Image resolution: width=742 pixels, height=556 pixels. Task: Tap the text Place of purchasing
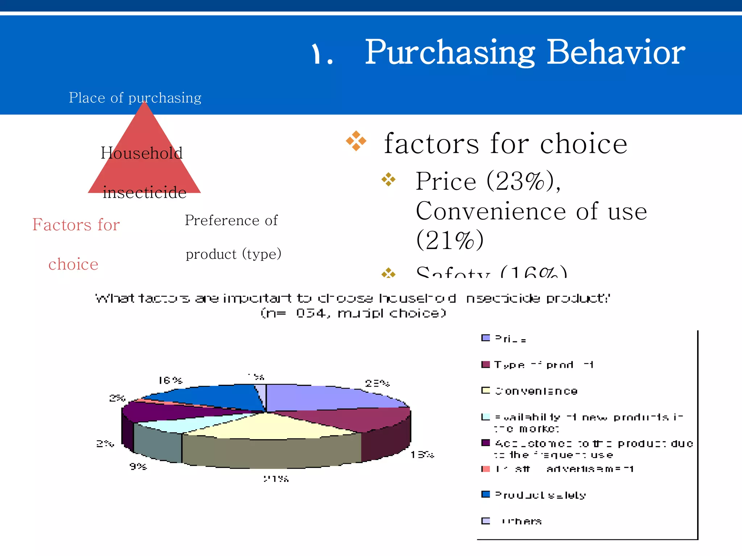[x=135, y=98]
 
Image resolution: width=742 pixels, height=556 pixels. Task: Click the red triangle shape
[x=144, y=170]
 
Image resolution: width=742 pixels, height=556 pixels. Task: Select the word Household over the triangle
[x=141, y=153]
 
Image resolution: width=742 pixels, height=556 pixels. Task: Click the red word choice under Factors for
[x=73, y=264]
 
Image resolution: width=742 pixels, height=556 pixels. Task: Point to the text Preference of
[x=231, y=220]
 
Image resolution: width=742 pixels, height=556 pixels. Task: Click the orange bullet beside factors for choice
[x=356, y=141]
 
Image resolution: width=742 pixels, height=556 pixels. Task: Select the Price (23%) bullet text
[x=487, y=181]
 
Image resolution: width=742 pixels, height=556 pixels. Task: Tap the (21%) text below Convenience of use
[x=450, y=240]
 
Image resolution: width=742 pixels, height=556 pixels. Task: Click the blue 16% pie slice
[x=210, y=398]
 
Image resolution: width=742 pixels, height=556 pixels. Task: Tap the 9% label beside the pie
[x=138, y=466]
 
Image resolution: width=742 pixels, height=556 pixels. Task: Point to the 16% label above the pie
[x=170, y=380]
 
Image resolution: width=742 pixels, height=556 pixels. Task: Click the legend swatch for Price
[x=485, y=338]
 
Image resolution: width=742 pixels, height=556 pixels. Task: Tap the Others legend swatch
[x=485, y=521]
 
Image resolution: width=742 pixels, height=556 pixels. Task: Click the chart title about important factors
[x=352, y=299]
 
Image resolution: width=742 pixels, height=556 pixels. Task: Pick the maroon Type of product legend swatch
[x=485, y=365]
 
